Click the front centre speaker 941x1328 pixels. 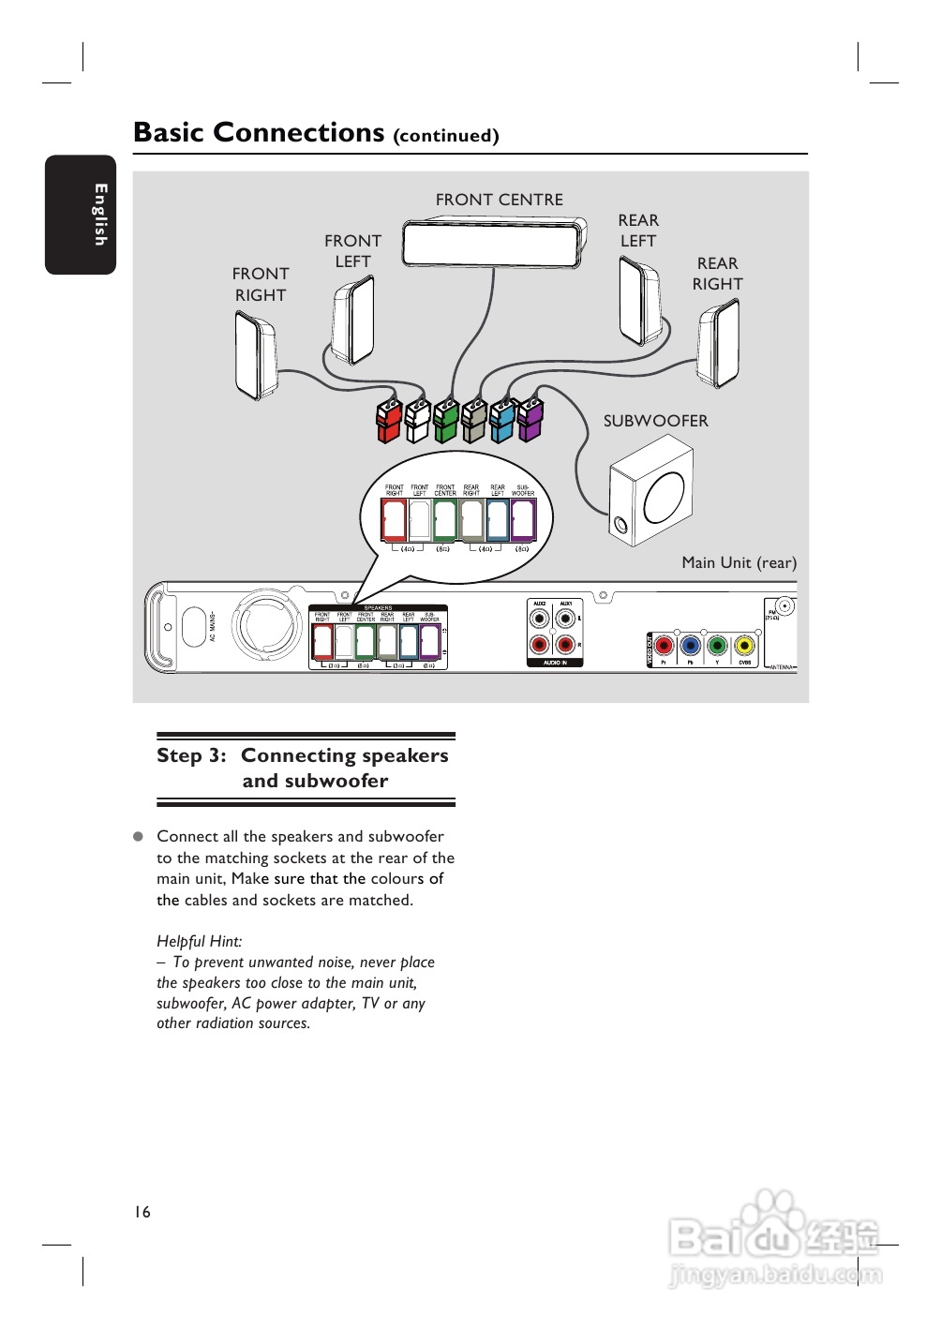tap(494, 243)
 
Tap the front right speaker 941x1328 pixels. tap(254, 355)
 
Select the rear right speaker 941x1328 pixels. tap(718, 342)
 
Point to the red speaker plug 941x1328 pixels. tap(389, 421)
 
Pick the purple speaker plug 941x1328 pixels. tap(530, 419)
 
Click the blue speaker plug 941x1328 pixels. tap(502, 421)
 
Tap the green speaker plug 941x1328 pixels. tap(446, 421)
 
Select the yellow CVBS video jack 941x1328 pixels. tap(744, 645)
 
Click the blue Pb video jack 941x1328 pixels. tap(691, 645)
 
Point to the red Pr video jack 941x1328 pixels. tap(664, 645)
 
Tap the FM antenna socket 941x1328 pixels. tap(784, 606)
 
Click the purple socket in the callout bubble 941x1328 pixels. tap(523, 520)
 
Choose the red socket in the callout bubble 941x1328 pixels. tap(394, 520)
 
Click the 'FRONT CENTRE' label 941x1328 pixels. tap(499, 200)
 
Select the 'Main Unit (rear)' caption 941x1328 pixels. tap(739, 562)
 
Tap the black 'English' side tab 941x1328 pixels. tap(81, 215)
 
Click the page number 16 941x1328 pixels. tap(142, 1212)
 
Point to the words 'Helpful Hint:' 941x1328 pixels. tap(199, 941)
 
